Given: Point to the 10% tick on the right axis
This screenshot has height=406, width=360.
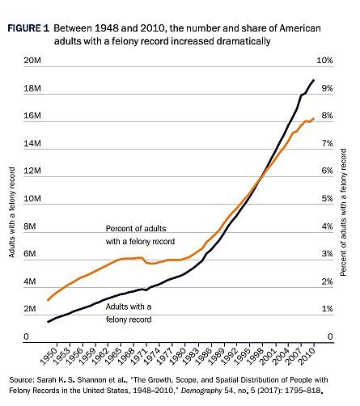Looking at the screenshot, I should pos(325,61).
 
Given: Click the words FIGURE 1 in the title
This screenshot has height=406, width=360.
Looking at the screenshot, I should pos(27,28).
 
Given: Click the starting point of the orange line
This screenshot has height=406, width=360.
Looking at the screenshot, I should pos(48,300).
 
